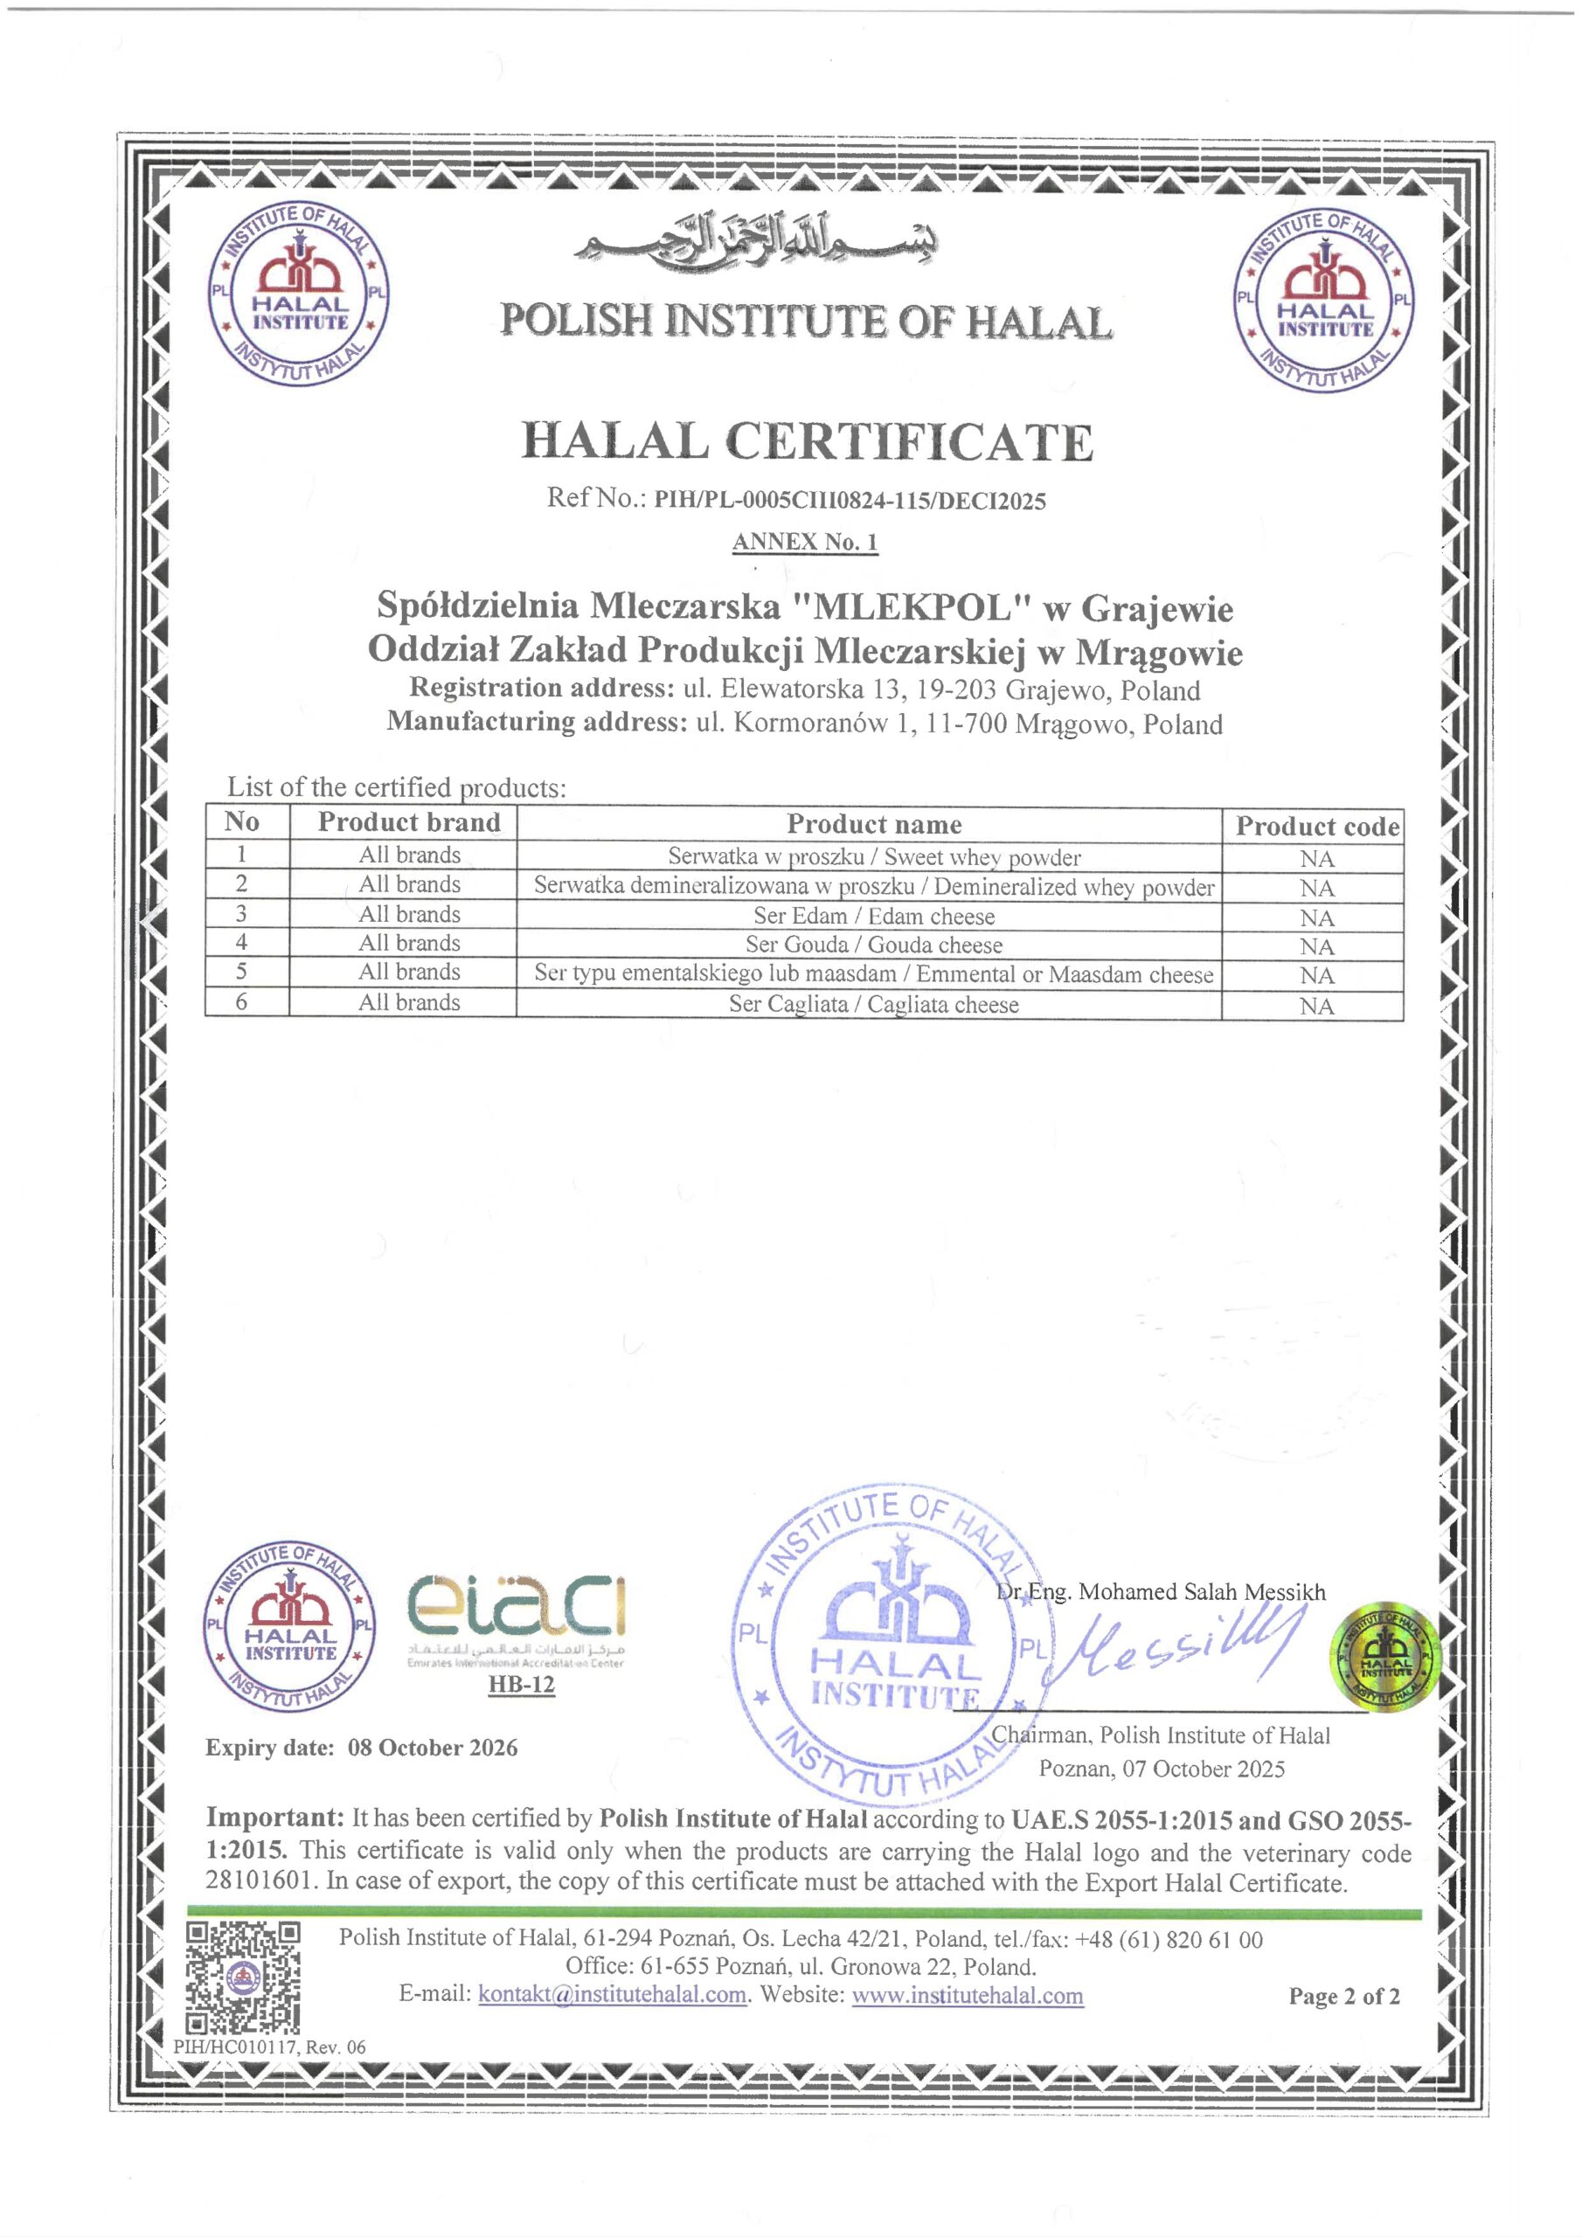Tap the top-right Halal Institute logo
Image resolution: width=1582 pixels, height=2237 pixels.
[x=1323, y=305]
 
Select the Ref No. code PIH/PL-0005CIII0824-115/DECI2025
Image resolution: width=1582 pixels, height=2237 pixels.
[x=849, y=501]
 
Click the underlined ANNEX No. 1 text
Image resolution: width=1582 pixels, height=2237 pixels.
[x=805, y=543]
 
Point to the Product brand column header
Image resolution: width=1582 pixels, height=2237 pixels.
[x=408, y=822]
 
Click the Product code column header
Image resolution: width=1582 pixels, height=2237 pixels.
[x=1317, y=827]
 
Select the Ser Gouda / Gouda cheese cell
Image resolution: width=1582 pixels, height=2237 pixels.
[x=873, y=945]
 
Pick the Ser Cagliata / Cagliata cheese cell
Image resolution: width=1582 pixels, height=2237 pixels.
[x=873, y=1005]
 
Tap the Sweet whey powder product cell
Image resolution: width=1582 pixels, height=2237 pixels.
[x=873, y=857]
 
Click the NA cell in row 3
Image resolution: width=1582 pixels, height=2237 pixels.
[x=1316, y=918]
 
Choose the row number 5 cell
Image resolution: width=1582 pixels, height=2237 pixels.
[x=242, y=972]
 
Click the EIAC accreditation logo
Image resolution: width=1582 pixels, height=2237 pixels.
[x=516, y=1622]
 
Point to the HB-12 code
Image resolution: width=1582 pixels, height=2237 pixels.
[x=521, y=1685]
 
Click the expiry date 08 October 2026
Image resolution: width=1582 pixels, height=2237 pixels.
[x=432, y=1747]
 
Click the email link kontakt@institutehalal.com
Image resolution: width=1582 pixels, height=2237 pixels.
[x=612, y=1994]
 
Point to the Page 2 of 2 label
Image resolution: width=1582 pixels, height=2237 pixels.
[x=1343, y=1997]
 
